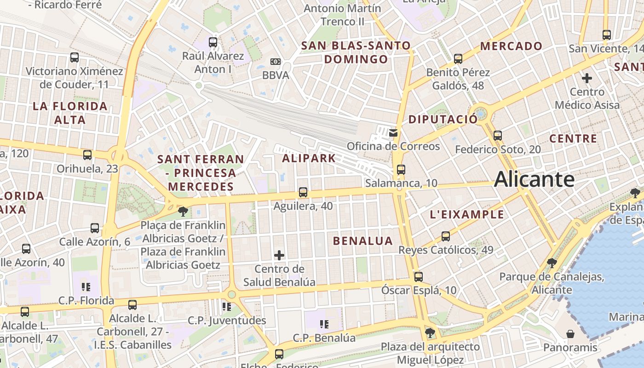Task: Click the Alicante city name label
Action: [x=534, y=179]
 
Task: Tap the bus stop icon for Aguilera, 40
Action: [x=303, y=192]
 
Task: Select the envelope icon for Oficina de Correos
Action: [x=393, y=133]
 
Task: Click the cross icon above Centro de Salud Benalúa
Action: [x=279, y=255]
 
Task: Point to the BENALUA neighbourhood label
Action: [x=363, y=241]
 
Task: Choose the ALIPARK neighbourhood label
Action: [x=309, y=159]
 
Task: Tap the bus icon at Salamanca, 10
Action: [x=401, y=170]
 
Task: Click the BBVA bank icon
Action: [x=275, y=62]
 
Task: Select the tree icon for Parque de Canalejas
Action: [x=552, y=263]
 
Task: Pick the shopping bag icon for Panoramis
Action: [x=570, y=333]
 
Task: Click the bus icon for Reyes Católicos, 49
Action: [x=445, y=236]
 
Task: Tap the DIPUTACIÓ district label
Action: [x=443, y=120]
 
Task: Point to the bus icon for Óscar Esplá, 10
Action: [x=418, y=277]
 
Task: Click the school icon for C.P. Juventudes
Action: [x=226, y=306]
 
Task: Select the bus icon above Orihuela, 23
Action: [x=87, y=155]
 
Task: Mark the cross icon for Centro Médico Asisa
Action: [x=586, y=78]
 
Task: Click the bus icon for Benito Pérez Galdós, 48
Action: [x=458, y=59]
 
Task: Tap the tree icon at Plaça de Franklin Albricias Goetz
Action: [x=183, y=212]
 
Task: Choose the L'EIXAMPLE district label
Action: [x=467, y=215]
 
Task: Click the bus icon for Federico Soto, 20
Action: [x=497, y=136]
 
